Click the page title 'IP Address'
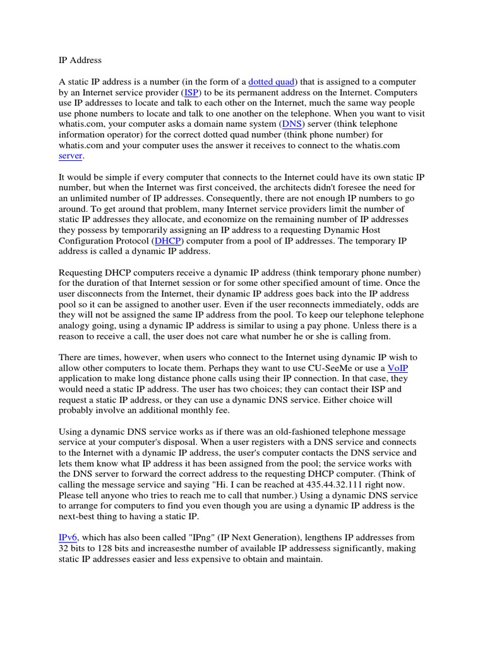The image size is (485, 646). pyautogui.click(x=80, y=60)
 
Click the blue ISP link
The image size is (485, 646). pyautogui.click(x=191, y=92)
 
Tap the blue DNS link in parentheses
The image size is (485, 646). pyautogui.click(x=291, y=124)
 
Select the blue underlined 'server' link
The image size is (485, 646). pyautogui.click(x=70, y=156)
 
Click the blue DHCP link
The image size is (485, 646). pyautogui.click(x=166, y=240)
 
